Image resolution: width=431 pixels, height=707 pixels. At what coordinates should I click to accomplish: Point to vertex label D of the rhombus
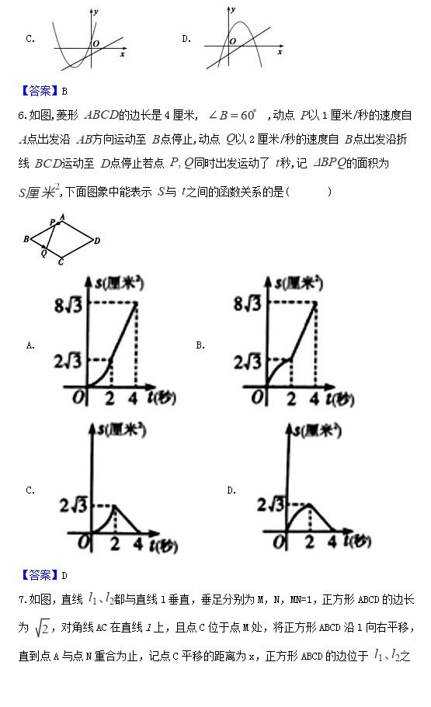click(97, 241)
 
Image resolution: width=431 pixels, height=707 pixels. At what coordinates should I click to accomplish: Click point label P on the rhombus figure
click(52, 222)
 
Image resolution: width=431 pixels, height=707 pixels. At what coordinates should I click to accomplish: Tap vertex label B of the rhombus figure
click(26, 240)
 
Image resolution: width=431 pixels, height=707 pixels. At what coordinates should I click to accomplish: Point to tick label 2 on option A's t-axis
click(112, 399)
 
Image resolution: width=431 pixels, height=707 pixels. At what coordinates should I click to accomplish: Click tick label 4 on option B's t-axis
click(315, 399)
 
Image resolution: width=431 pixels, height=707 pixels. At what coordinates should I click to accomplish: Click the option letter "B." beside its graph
click(200, 345)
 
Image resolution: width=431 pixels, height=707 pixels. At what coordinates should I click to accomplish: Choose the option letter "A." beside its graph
click(30, 345)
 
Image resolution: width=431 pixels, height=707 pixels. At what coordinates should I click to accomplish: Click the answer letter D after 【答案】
click(64, 575)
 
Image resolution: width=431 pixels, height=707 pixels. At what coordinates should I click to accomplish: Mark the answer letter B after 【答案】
click(64, 91)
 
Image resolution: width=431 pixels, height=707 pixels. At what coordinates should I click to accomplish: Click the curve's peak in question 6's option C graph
click(114, 506)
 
